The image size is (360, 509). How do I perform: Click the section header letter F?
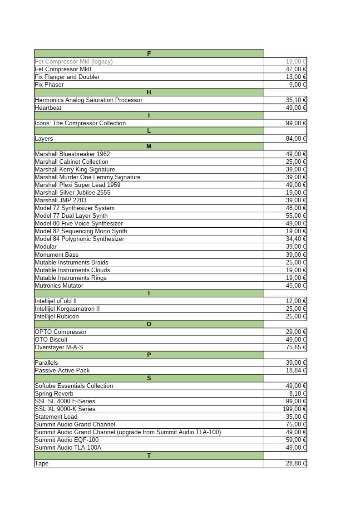pos(149,54)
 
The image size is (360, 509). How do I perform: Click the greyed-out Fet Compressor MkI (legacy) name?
pos(74,61)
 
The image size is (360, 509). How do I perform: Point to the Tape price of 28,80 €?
pos(296,463)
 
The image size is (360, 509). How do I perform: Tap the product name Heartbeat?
pos(48,108)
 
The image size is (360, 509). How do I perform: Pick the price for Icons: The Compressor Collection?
pos(296,123)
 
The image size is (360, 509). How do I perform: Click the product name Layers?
pos(44,138)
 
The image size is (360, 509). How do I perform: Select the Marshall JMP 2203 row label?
pos(60,200)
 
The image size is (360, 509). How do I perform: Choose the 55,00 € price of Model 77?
pos(296,215)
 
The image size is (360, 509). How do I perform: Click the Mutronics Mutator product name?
pos(59,285)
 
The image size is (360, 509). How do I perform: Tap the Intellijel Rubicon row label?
pos(57,316)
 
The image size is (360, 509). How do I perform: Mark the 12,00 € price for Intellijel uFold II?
pos(296,301)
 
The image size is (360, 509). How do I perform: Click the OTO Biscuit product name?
pos(51,339)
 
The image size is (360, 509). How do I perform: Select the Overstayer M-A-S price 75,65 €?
pos(296,347)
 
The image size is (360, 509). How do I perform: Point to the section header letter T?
pos(149,455)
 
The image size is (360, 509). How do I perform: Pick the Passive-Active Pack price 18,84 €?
pos(296,370)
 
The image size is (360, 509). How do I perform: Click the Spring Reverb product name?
pos(54,393)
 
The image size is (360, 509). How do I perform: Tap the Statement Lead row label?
pos(56,416)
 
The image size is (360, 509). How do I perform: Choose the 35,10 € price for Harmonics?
pos(296,100)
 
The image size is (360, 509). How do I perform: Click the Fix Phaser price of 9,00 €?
pos(297,84)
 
